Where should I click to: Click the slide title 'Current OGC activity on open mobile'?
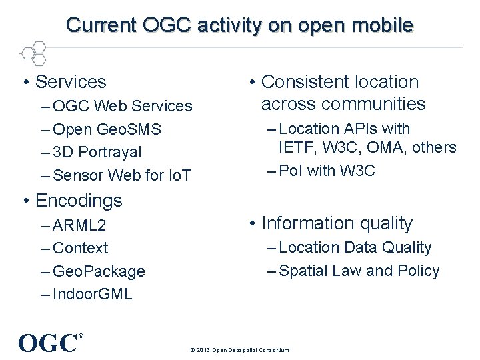click(240, 25)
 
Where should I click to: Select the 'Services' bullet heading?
click(70, 82)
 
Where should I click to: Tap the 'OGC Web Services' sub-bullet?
click(122, 106)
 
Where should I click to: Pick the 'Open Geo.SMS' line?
click(107, 129)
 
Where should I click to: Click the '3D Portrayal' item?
click(97, 152)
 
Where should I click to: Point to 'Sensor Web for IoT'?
click(121, 175)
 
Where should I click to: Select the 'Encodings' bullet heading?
click(78, 200)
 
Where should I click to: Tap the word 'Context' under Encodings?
click(80, 248)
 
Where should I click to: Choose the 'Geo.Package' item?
click(99, 271)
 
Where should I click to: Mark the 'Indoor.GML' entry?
click(92, 294)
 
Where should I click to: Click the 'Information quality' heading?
click(337, 223)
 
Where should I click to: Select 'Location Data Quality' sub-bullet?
click(355, 247)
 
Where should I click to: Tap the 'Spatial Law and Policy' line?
click(359, 271)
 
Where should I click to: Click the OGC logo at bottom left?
click(49, 343)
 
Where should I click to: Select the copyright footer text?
click(239, 349)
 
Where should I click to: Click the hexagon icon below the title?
click(33, 53)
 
